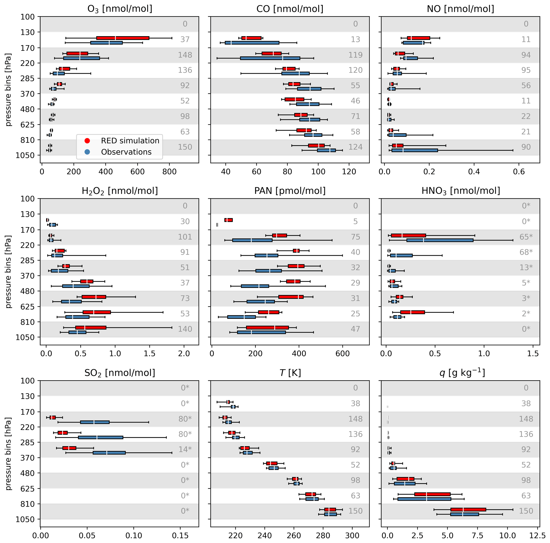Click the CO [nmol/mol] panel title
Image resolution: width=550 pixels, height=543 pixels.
click(x=290, y=9)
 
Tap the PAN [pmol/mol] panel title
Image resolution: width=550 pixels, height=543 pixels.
click(x=290, y=191)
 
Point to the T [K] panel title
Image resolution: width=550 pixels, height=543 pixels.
click(x=290, y=373)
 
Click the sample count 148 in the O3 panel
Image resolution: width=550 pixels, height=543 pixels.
click(x=185, y=55)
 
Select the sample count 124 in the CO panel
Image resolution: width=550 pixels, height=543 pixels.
click(x=355, y=147)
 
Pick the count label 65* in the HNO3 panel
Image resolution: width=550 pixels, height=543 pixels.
click(x=526, y=237)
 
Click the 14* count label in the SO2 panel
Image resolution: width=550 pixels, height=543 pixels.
click(x=185, y=449)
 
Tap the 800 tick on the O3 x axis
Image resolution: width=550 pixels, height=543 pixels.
click(x=169, y=172)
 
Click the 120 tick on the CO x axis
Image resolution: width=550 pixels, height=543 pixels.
click(x=349, y=172)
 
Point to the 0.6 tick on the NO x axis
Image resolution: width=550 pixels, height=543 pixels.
click(x=519, y=172)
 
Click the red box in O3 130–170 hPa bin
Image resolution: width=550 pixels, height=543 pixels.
click(x=123, y=38)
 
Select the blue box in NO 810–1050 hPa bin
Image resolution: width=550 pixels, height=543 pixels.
click(x=415, y=150)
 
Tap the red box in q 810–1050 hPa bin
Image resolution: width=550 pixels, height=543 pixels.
click(x=468, y=509)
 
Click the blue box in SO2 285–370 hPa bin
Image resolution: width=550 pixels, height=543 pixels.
click(x=109, y=453)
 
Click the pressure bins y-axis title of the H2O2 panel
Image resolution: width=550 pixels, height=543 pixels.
click(x=9, y=272)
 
